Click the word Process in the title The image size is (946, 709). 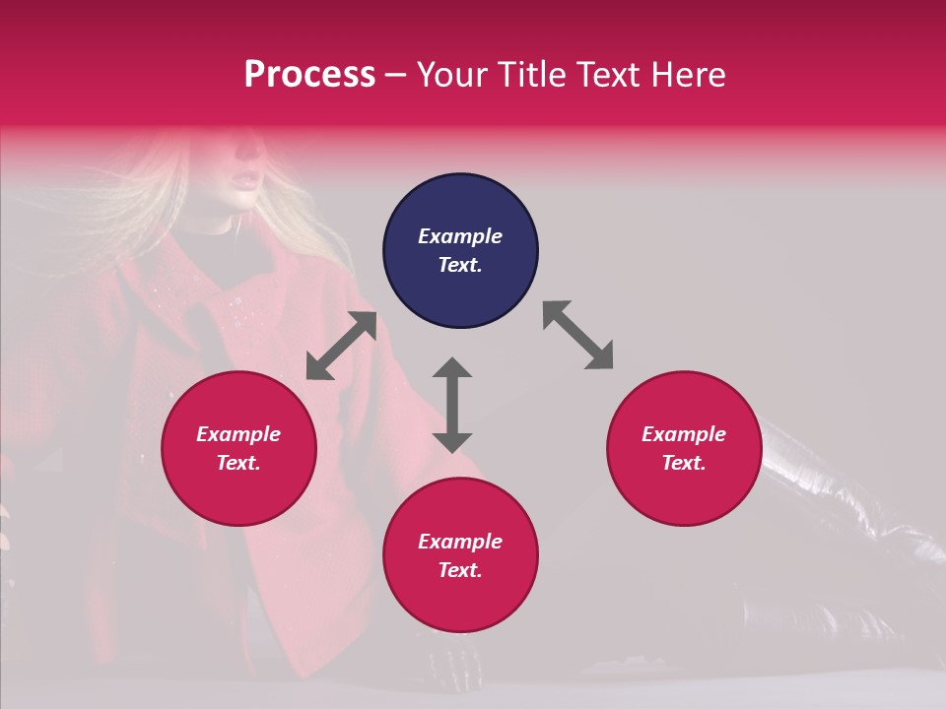309,75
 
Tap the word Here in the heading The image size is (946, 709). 686,75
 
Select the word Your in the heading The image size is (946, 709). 453,75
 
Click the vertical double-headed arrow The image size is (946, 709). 452,405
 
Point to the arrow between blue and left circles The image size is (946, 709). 341,346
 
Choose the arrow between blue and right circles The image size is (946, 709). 577,335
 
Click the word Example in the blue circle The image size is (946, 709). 460,236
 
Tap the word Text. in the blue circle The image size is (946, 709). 460,265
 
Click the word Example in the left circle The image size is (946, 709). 238,434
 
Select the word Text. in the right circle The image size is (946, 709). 684,463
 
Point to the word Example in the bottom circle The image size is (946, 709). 460,542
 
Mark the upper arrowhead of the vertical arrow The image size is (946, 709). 452,368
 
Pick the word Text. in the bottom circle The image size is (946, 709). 460,570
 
